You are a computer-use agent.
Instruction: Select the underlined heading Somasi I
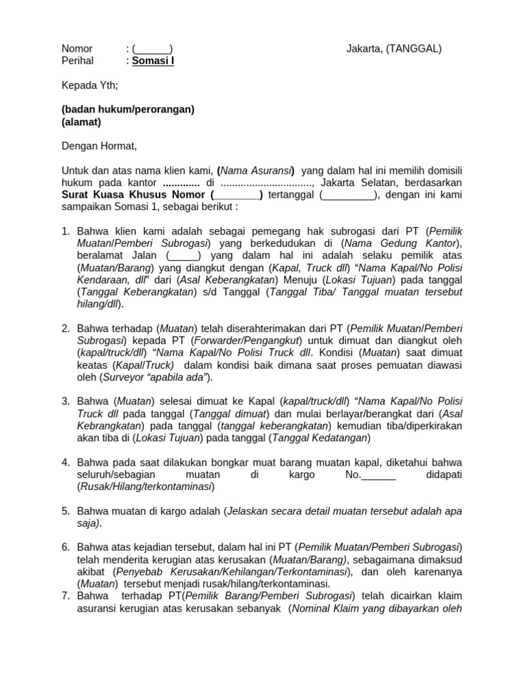(153, 61)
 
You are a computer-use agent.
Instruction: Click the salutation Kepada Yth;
(90, 85)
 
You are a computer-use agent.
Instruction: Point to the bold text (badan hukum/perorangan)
(128, 109)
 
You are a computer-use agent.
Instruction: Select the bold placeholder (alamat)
(81, 122)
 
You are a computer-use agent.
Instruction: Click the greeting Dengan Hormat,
(100, 146)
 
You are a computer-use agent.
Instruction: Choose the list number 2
(66, 329)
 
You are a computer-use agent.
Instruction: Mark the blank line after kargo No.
(378, 474)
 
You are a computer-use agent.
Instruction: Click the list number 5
(66, 511)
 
